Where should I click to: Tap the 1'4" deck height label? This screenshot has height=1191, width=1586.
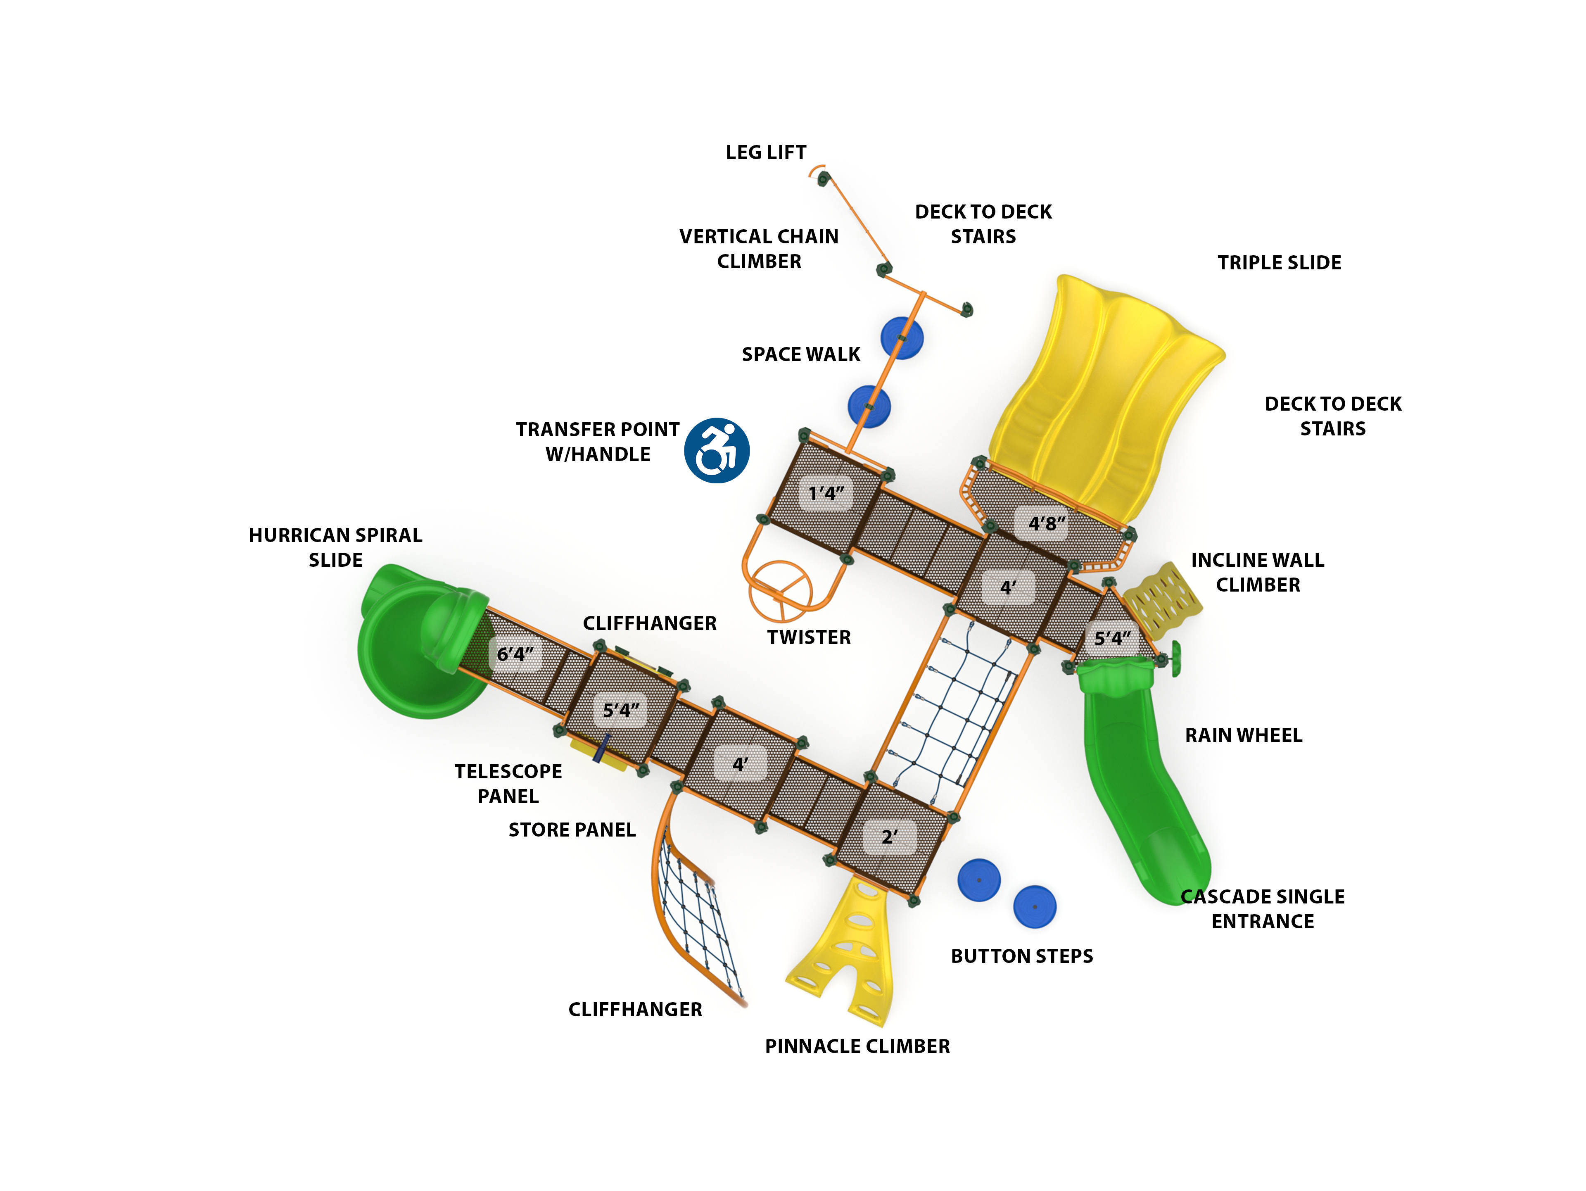click(x=826, y=493)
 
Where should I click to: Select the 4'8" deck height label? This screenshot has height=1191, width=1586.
click(x=1046, y=523)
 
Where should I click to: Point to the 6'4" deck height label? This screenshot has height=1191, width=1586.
click(x=515, y=654)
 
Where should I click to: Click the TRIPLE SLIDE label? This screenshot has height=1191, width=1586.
click(x=1279, y=262)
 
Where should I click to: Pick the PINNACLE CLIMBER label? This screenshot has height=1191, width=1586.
click(x=857, y=1046)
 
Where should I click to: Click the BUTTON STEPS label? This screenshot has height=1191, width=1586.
click(x=1022, y=956)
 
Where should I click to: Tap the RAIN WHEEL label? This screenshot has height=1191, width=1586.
click(x=1243, y=735)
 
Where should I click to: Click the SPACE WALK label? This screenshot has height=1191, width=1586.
click(x=801, y=354)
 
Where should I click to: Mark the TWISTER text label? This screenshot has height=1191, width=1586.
click(x=809, y=637)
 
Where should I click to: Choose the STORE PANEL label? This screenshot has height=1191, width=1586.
click(x=572, y=830)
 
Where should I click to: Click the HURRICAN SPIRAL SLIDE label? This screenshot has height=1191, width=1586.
click(x=335, y=547)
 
